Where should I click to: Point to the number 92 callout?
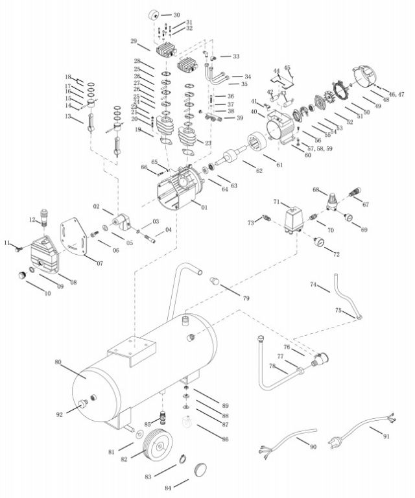60,414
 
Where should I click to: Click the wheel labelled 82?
158,447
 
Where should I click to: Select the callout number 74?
313,285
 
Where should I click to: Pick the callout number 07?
100,263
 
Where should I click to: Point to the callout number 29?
134,41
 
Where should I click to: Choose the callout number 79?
246,298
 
